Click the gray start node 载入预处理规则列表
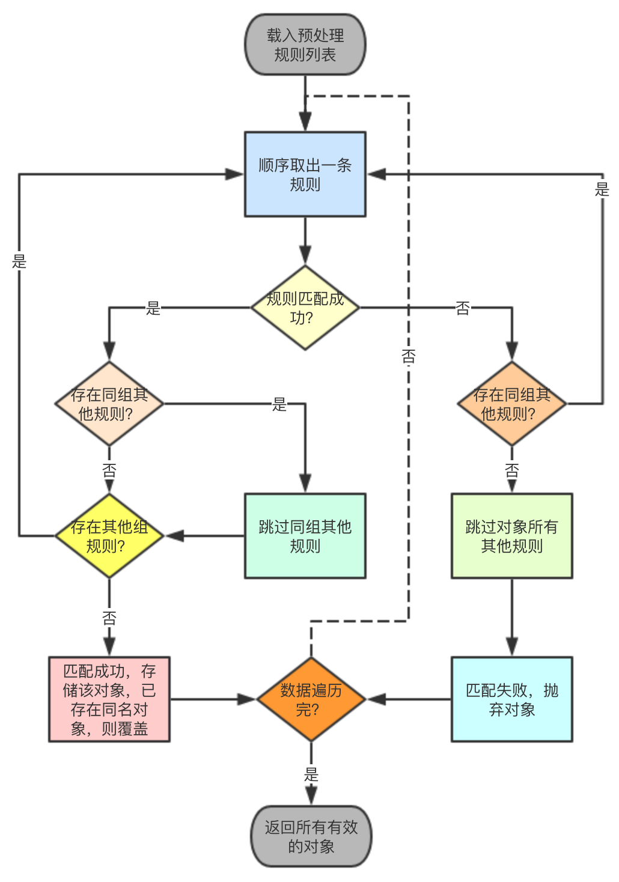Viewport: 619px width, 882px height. (305, 45)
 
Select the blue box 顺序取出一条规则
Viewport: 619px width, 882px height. (305, 174)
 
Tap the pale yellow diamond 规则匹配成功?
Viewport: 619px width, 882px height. (305, 308)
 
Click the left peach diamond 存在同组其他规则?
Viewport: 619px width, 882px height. (109, 404)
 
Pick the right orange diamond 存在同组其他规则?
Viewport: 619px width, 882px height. (511, 404)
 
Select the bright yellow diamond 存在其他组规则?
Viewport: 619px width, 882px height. (109, 536)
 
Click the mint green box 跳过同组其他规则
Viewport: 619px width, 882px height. (305, 536)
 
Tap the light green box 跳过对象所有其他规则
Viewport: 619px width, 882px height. (511, 536)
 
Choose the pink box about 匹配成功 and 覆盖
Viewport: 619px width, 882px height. (109, 699)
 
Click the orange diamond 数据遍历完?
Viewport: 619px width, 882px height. (311, 699)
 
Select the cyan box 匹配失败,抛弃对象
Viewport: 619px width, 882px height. (511, 699)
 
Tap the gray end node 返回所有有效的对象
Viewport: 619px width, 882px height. (311, 836)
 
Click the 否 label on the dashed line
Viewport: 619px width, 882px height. (409, 357)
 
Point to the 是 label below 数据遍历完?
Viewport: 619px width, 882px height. (311, 774)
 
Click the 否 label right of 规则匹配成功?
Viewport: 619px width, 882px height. (462, 308)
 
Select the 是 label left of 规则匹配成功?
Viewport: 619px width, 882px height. (153, 308)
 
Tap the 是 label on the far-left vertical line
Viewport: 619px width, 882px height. (19, 261)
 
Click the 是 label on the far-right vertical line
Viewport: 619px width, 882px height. (602, 190)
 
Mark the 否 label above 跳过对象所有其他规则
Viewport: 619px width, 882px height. (511, 470)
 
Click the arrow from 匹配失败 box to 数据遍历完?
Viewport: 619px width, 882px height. (409, 699)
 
